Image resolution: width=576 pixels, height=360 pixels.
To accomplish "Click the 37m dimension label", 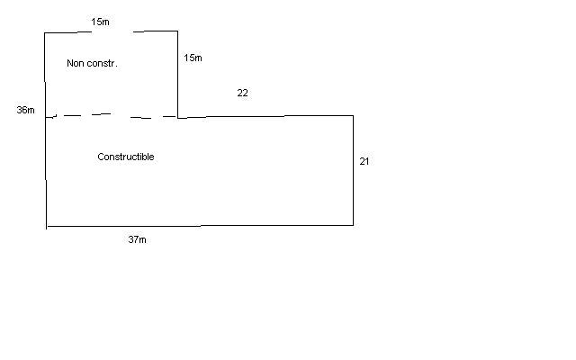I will (x=137, y=240).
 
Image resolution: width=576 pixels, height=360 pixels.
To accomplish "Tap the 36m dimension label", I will (x=25, y=110).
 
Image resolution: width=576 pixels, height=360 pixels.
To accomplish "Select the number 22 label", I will (x=242, y=93).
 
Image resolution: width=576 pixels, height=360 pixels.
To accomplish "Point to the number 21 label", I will (x=364, y=161).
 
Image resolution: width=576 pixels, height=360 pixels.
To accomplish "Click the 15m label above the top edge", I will (x=100, y=20).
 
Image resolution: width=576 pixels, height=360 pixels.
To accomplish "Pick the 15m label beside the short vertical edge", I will (x=193, y=58).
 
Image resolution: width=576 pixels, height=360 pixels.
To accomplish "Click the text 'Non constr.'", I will (x=93, y=63).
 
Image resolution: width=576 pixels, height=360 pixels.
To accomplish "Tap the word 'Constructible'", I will (x=125, y=157).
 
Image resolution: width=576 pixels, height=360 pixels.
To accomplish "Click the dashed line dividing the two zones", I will (x=112, y=115).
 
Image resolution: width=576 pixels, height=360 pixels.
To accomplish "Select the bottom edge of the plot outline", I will (x=198, y=225).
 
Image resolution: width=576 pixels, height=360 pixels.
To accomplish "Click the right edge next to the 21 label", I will (x=353, y=171).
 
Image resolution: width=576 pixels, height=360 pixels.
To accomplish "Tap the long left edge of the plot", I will (x=45, y=135).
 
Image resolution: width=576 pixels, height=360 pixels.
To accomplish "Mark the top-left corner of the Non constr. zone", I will (x=45, y=33).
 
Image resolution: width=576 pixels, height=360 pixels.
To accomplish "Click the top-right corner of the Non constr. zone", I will (x=177, y=31).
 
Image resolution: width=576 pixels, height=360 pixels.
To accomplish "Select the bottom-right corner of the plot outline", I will (x=353, y=224).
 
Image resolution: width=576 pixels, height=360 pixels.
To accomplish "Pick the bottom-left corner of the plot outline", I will (x=46, y=226).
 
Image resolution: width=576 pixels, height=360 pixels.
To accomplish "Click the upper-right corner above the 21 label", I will (x=353, y=115).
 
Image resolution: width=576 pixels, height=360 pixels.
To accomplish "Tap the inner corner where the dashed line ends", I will (x=177, y=117).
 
